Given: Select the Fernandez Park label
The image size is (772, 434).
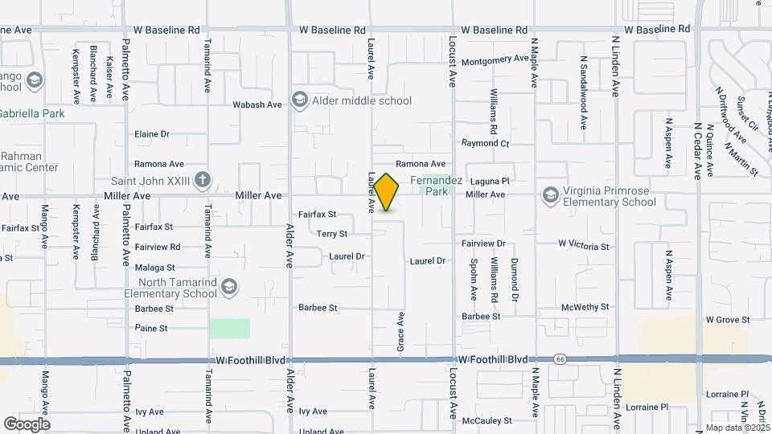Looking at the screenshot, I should coord(436,186).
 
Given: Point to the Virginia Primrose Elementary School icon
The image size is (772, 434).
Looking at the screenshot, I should coord(550,195).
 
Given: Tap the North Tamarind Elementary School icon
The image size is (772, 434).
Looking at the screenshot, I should coord(229,287).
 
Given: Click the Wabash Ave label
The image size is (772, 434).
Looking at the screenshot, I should coord(257,104).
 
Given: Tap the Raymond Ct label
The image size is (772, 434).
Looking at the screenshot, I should coord(486,143).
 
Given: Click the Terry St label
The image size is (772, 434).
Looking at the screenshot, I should coord(331,234).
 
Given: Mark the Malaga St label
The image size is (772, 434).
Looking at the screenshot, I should coord(155,267).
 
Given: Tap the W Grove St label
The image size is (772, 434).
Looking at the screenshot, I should coord(728,319).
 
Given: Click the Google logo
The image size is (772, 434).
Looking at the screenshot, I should coord(27,424).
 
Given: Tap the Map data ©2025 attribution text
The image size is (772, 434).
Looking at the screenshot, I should coord(737,428).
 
